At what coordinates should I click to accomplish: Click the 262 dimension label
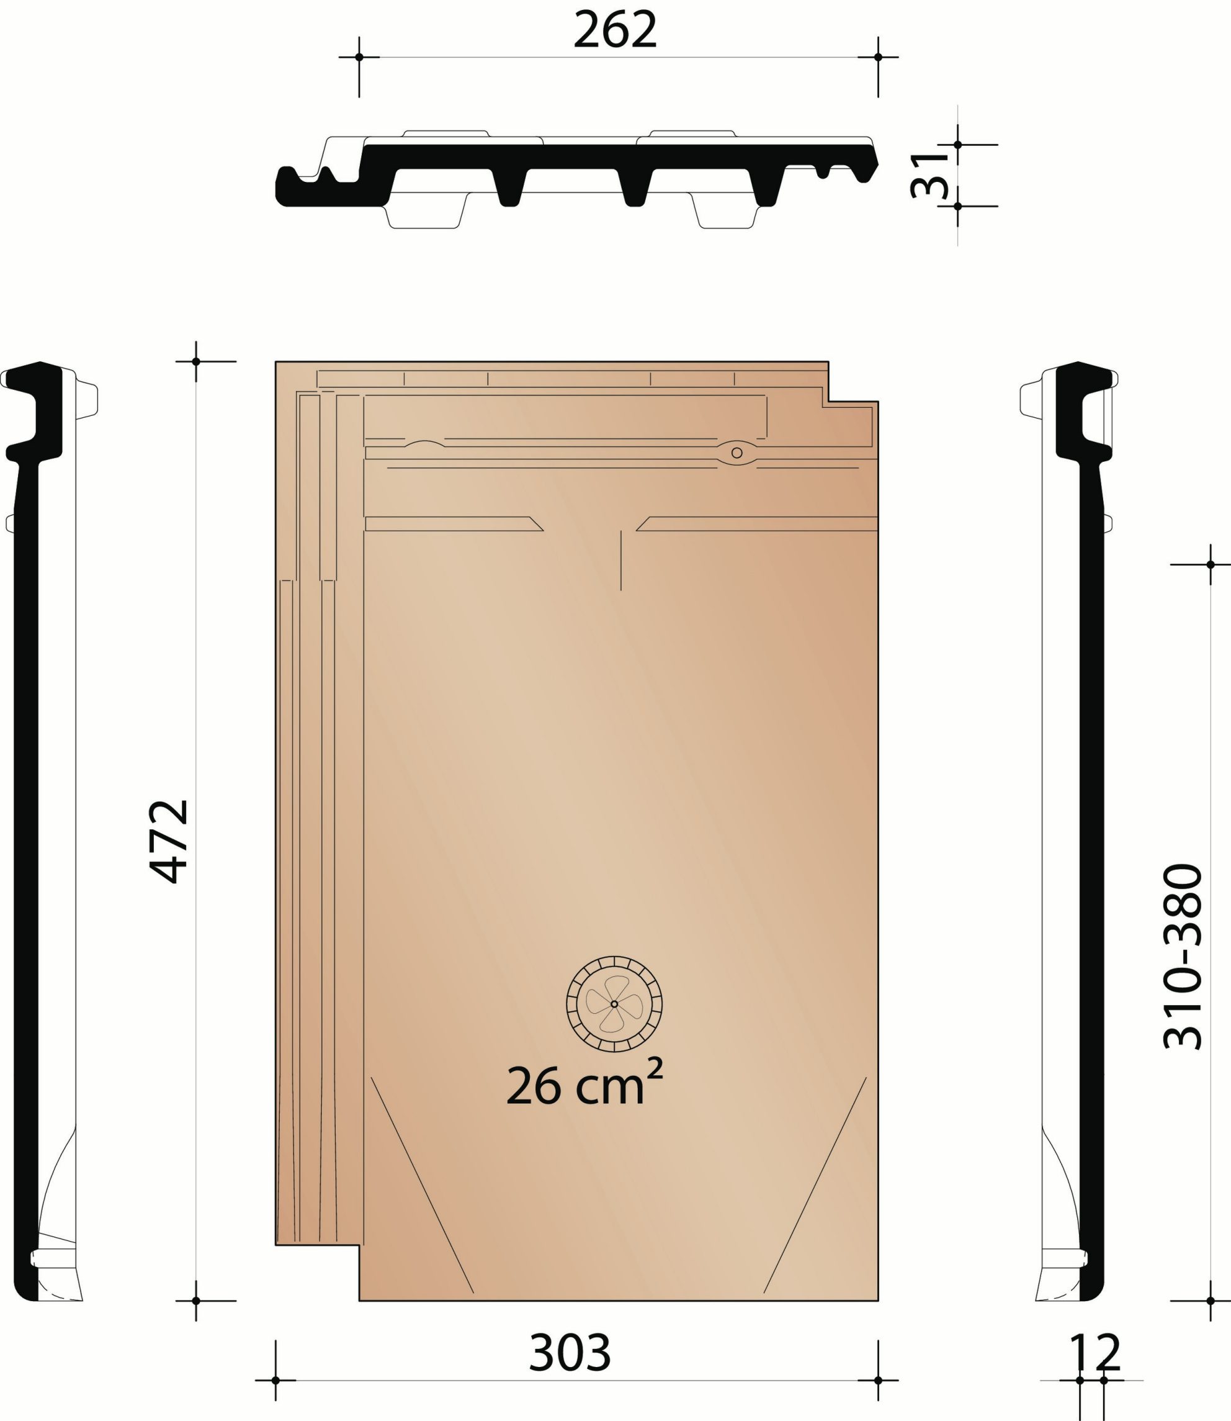click(x=615, y=31)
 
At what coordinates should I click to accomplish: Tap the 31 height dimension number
click(x=929, y=175)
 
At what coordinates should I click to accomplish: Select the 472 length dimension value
click(x=169, y=841)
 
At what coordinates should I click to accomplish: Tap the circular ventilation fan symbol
click(x=614, y=1004)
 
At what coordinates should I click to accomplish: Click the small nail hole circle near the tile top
click(x=736, y=453)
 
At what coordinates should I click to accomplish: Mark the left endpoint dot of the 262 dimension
click(x=359, y=57)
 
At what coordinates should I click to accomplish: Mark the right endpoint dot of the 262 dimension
click(x=878, y=57)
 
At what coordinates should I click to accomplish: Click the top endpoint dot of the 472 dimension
click(x=196, y=361)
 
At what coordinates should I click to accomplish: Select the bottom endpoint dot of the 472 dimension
click(x=196, y=1301)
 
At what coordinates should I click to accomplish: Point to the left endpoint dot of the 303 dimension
click(x=275, y=1380)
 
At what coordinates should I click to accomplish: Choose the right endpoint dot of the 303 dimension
click(x=878, y=1380)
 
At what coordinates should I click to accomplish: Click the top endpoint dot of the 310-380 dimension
click(x=1211, y=565)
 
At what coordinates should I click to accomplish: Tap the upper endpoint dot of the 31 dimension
click(x=957, y=145)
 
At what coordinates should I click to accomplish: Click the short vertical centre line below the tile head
click(x=621, y=560)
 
